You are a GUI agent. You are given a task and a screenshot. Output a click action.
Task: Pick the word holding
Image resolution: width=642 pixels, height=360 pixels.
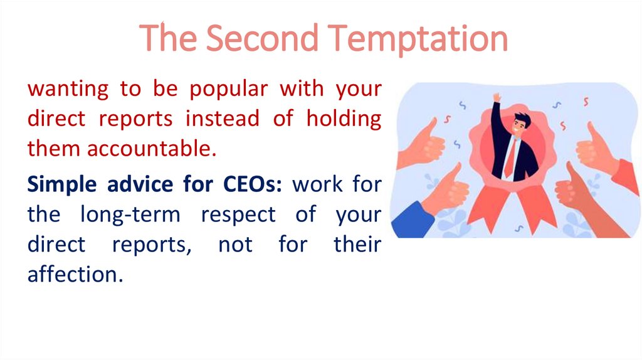pos(344,119)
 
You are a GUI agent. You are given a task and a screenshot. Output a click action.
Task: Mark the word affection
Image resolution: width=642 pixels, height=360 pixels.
pos(73,274)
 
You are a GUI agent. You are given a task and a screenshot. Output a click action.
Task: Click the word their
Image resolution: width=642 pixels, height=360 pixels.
pos(357,245)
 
